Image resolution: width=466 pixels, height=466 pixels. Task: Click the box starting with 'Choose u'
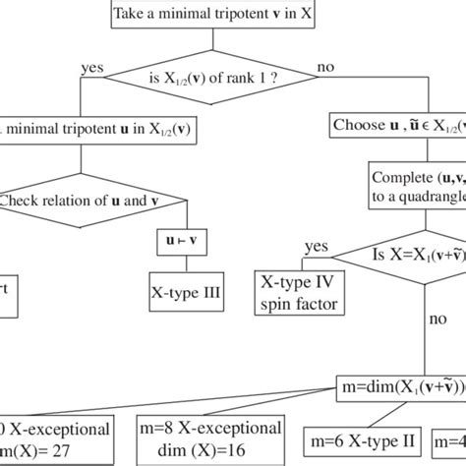pos(397,126)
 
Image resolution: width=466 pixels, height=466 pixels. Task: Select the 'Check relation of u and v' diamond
pos(69,202)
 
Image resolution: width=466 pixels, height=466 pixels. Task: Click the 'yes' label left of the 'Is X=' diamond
pos(316,246)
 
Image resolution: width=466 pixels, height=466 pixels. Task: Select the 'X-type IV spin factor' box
pos(297,294)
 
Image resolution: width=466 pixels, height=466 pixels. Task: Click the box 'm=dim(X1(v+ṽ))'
pos(399,384)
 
